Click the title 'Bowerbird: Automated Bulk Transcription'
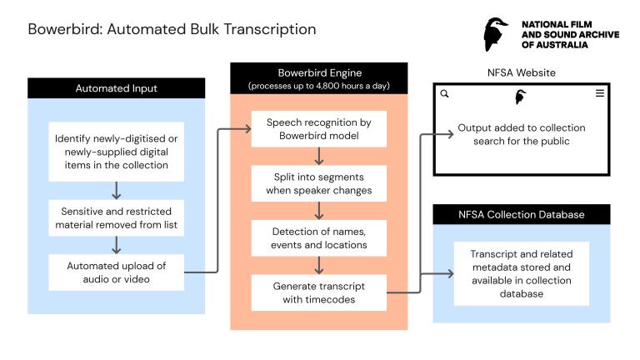tap(172, 30)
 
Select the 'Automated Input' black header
tap(116, 87)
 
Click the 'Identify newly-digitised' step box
tap(116, 150)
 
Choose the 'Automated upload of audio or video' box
tap(116, 272)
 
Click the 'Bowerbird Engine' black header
tap(319, 78)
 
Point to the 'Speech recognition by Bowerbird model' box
tap(319, 130)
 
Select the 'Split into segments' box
tap(319, 184)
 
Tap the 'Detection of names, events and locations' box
tap(319, 238)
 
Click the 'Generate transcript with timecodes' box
tap(319, 292)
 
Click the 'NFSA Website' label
tap(521, 73)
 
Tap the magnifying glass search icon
tap(444, 94)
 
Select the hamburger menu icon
tap(599, 94)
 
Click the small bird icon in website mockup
tap(521, 97)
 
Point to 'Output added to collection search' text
tap(521, 134)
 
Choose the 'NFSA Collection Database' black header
tap(521, 214)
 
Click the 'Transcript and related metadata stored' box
tap(521, 273)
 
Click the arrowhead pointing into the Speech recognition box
tap(247, 130)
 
